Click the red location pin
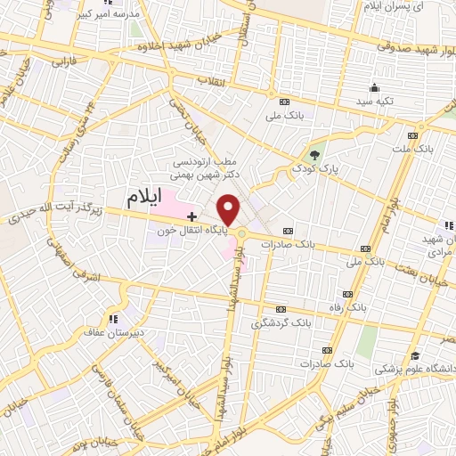click(229, 209)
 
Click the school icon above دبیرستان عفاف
click(111, 317)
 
